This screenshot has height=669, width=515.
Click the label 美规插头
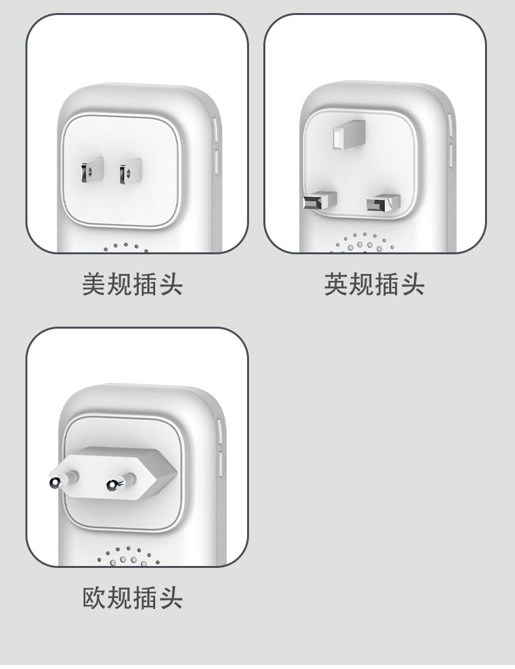132,285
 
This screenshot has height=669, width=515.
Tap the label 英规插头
374,285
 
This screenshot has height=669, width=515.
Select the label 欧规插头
132,598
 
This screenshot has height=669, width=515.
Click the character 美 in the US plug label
94,285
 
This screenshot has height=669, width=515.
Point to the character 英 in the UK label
336,285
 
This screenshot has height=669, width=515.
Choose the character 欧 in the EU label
95,598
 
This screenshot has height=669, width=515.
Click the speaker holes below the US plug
125,247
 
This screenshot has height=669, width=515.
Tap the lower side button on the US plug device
217,161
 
